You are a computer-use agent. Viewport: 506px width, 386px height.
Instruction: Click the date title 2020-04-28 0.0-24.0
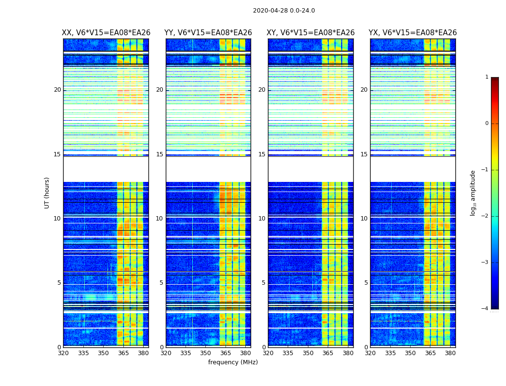click(284, 11)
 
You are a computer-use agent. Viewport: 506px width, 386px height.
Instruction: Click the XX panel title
click(106, 33)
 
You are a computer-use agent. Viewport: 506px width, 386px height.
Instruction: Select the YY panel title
click(208, 33)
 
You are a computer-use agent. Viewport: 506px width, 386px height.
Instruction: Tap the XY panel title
click(311, 33)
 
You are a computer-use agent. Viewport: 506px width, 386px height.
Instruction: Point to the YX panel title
click(413, 33)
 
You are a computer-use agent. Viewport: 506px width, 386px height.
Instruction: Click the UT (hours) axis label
click(47, 193)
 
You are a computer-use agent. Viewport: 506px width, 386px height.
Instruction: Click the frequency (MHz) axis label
click(233, 362)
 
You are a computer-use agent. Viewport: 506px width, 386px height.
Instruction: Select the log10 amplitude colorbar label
click(473, 193)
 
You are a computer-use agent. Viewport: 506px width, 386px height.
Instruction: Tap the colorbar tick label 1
click(487, 77)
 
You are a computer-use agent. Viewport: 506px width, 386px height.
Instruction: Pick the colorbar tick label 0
click(487, 124)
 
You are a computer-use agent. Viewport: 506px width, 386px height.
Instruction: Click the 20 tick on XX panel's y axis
click(57, 90)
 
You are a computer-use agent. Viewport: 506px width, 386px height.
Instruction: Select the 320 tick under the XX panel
click(63, 353)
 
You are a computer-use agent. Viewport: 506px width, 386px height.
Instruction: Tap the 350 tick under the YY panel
click(206, 353)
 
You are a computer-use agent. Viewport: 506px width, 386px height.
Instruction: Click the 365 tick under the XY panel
click(328, 353)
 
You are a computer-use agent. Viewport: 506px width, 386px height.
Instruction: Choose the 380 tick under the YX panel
click(450, 353)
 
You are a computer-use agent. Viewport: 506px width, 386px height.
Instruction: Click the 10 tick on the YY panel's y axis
click(159, 219)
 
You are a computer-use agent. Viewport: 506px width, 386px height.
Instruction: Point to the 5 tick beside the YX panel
click(366, 283)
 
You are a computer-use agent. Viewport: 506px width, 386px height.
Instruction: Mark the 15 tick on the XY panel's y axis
click(262, 154)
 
